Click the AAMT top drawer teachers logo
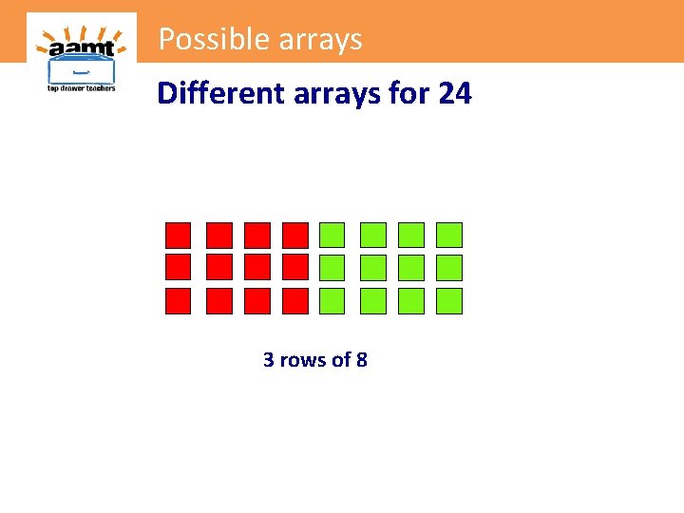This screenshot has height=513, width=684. [x=81, y=55]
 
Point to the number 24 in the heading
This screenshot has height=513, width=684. [x=454, y=93]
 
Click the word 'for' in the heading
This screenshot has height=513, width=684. [x=409, y=93]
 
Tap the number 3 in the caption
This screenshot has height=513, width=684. [x=269, y=360]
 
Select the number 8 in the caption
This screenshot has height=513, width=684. [x=361, y=360]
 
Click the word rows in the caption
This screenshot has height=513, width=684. [x=300, y=360]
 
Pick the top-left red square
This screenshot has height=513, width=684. [x=179, y=235]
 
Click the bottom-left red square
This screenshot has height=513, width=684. [x=179, y=301]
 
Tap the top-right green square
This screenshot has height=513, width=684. [x=448, y=235]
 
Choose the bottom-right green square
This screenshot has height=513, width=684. [x=448, y=301]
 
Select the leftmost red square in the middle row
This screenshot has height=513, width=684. [x=179, y=267]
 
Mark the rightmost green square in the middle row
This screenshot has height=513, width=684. [x=448, y=267]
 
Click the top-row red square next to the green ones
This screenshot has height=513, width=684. [x=295, y=235]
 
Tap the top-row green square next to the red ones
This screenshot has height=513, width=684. [x=332, y=235]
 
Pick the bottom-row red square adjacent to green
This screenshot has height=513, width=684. [x=295, y=301]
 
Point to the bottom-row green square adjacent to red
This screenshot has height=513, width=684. [x=332, y=301]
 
